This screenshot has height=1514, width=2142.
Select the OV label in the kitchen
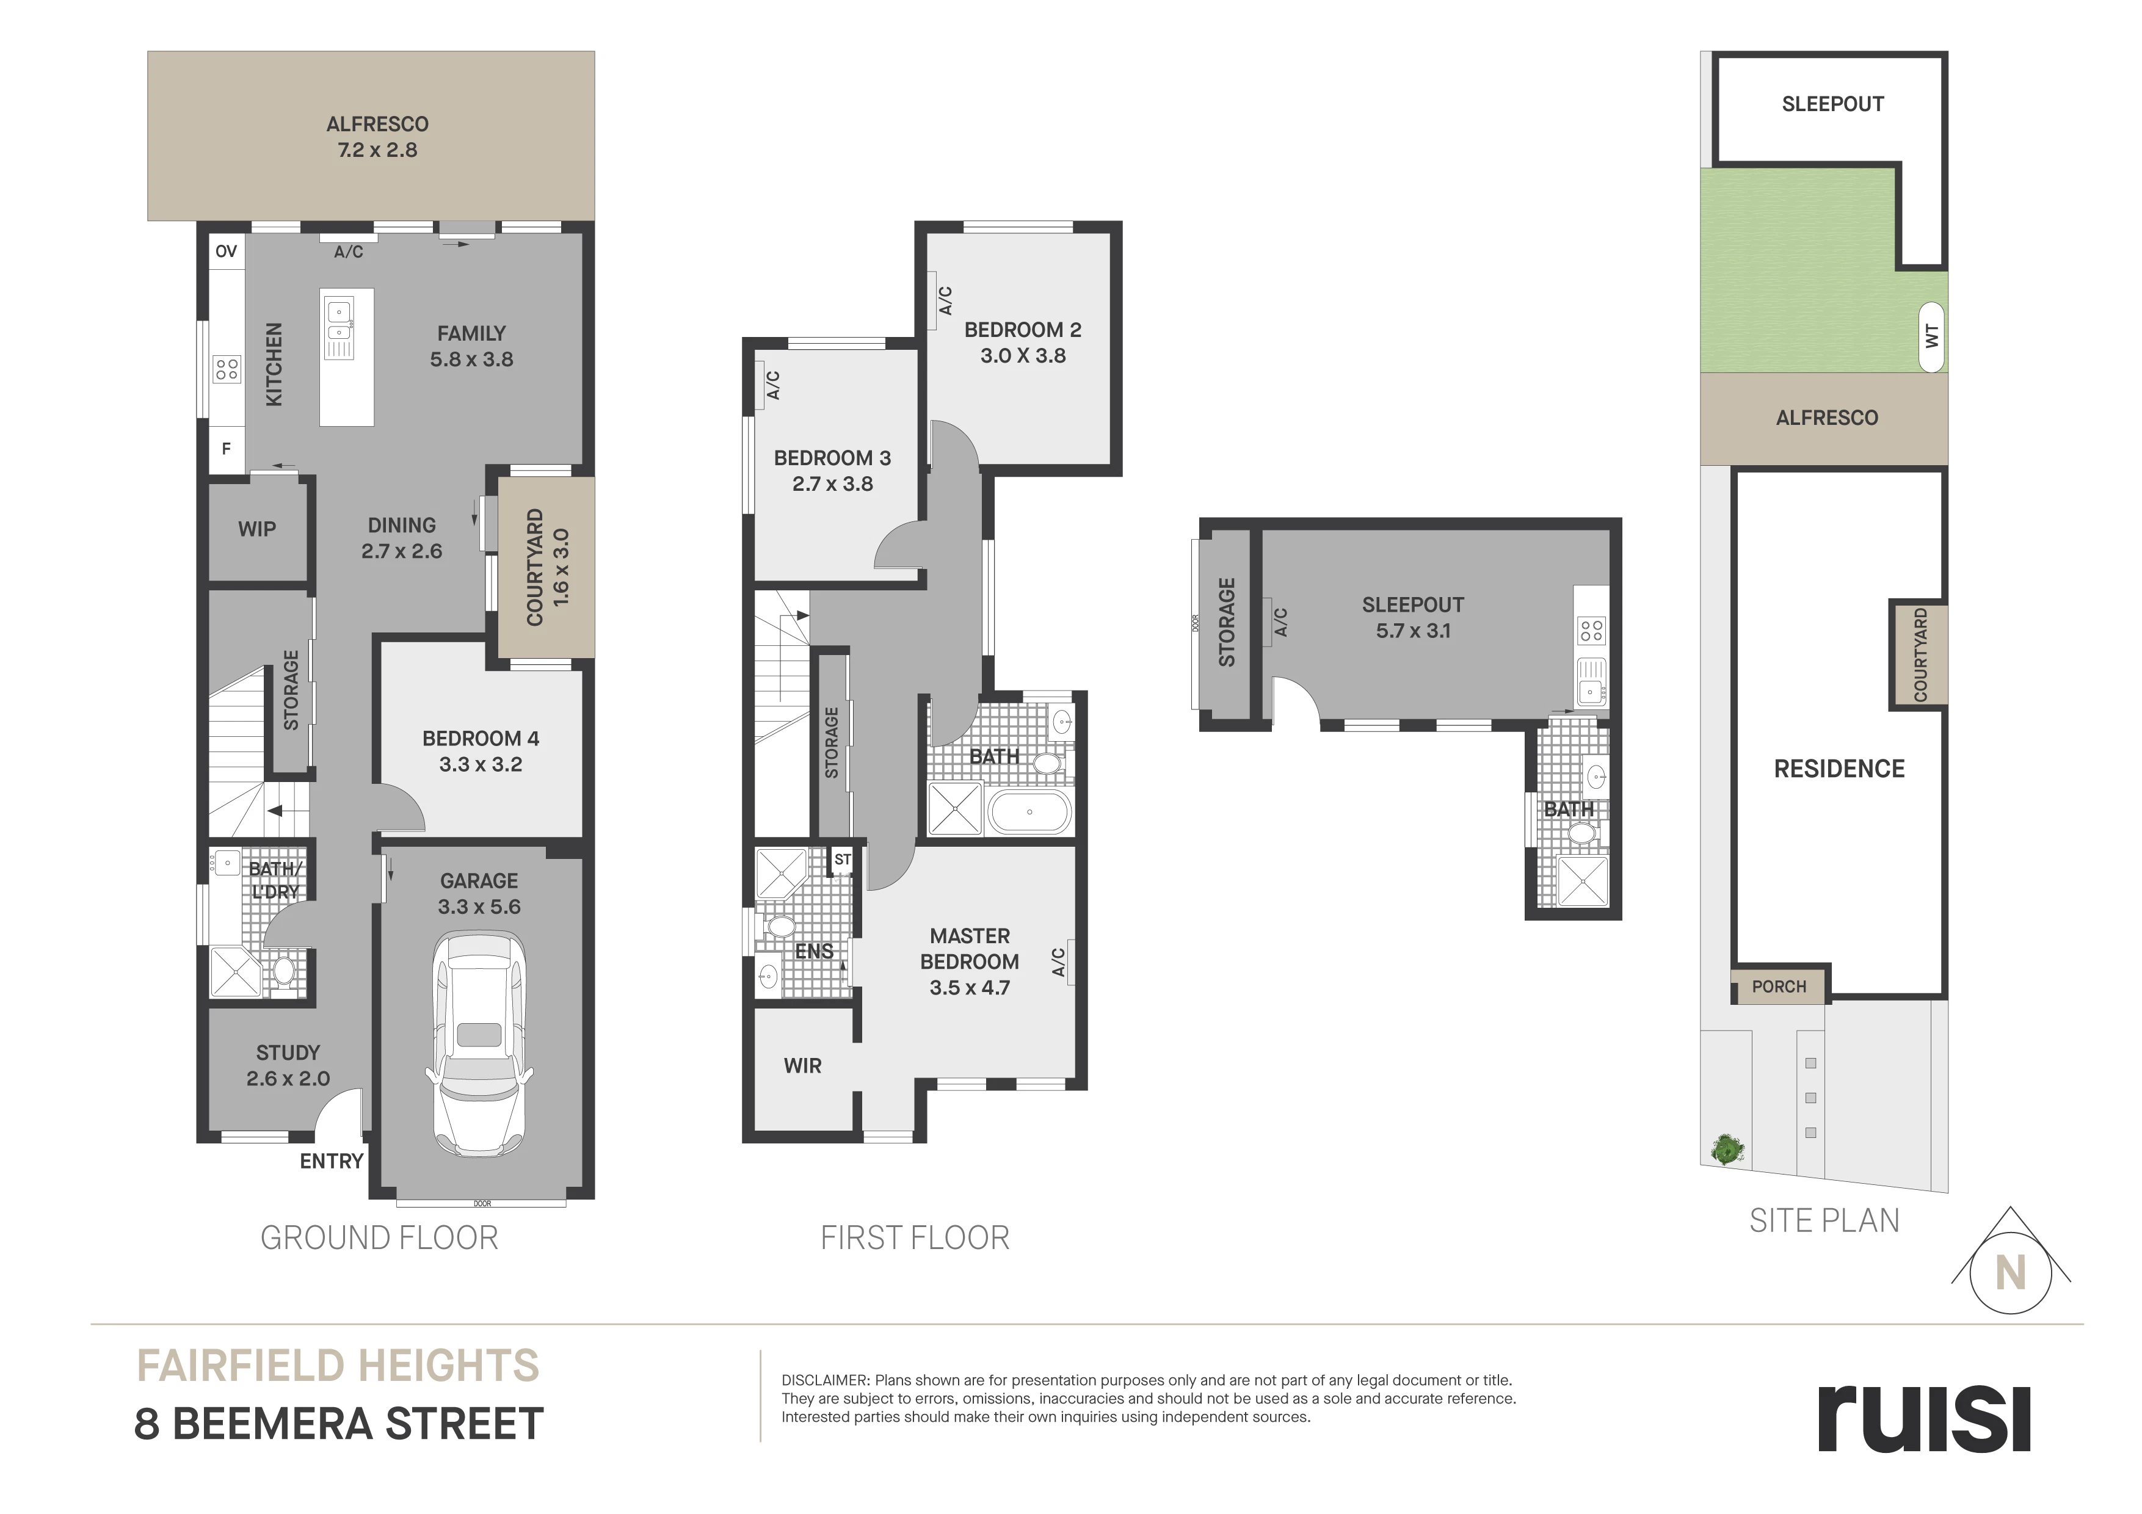(x=226, y=251)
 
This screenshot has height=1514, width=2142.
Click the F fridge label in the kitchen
(x=226, y=449)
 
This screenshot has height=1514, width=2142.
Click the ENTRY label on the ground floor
(x=331, y=1161)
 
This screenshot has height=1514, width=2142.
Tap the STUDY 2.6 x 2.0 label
(x=288, y=1065)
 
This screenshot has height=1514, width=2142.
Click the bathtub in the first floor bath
(x=1029, y=811)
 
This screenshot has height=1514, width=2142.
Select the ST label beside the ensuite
(x=843, y=859)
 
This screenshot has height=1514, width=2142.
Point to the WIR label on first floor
(x=802, y=1065)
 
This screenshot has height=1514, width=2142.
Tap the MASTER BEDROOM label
(x=970, y=949)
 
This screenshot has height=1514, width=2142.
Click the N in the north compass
(x=2011, y=1272)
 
